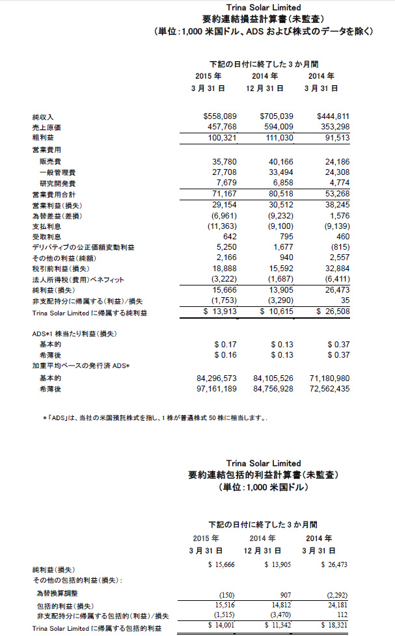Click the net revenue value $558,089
219,116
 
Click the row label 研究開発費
57,183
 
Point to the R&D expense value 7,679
223,183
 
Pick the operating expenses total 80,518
280,194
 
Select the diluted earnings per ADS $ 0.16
225,355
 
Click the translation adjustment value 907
285,594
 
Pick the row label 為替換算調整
58,594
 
